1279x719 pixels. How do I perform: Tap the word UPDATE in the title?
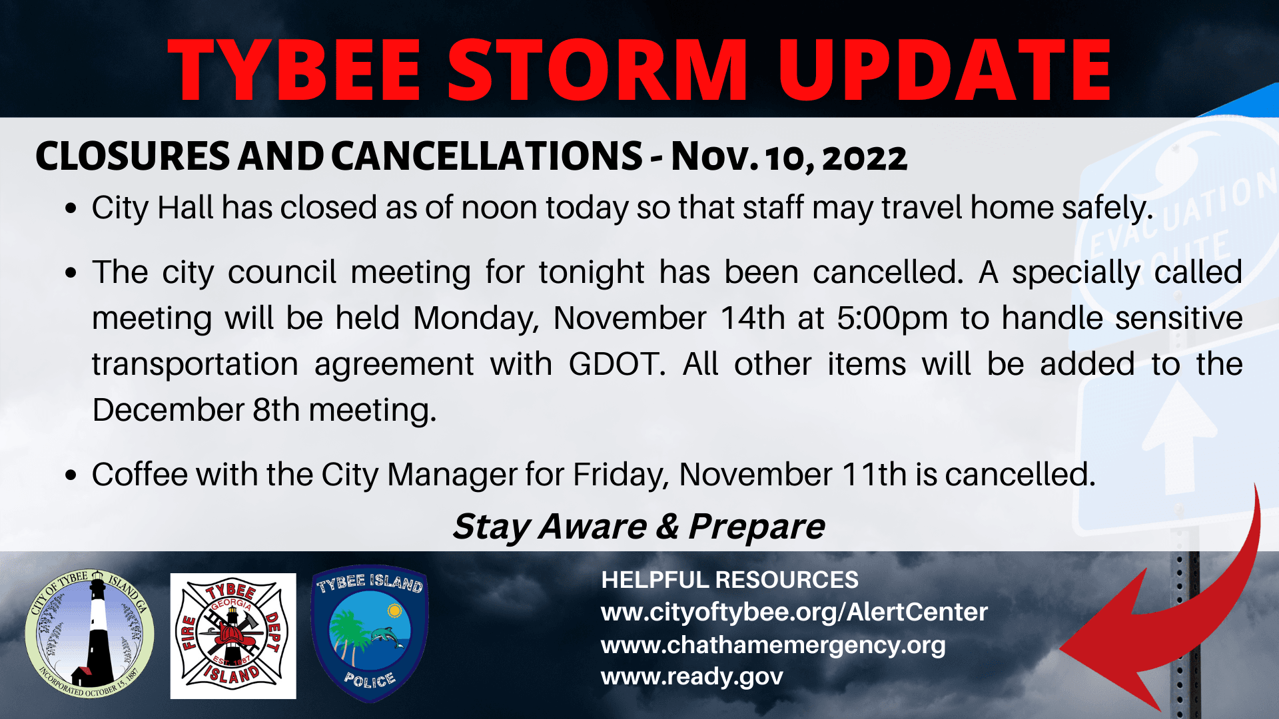point(945,70)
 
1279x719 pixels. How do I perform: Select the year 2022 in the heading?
point(865,158)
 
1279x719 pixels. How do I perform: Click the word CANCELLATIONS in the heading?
point(486,156)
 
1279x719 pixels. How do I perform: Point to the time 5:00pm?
point(892,318)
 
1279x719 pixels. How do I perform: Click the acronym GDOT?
point(617,365)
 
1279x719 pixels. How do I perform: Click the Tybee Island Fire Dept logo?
point(233,636)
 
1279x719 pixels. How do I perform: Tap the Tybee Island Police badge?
point(370,634)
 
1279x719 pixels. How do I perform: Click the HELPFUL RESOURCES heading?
point(729,581)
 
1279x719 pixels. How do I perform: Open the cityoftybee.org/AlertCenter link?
point(794,612)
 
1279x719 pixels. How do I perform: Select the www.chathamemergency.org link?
point(773,645)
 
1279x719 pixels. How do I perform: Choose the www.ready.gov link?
point(691,677)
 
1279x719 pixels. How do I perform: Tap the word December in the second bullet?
point(168,410)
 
